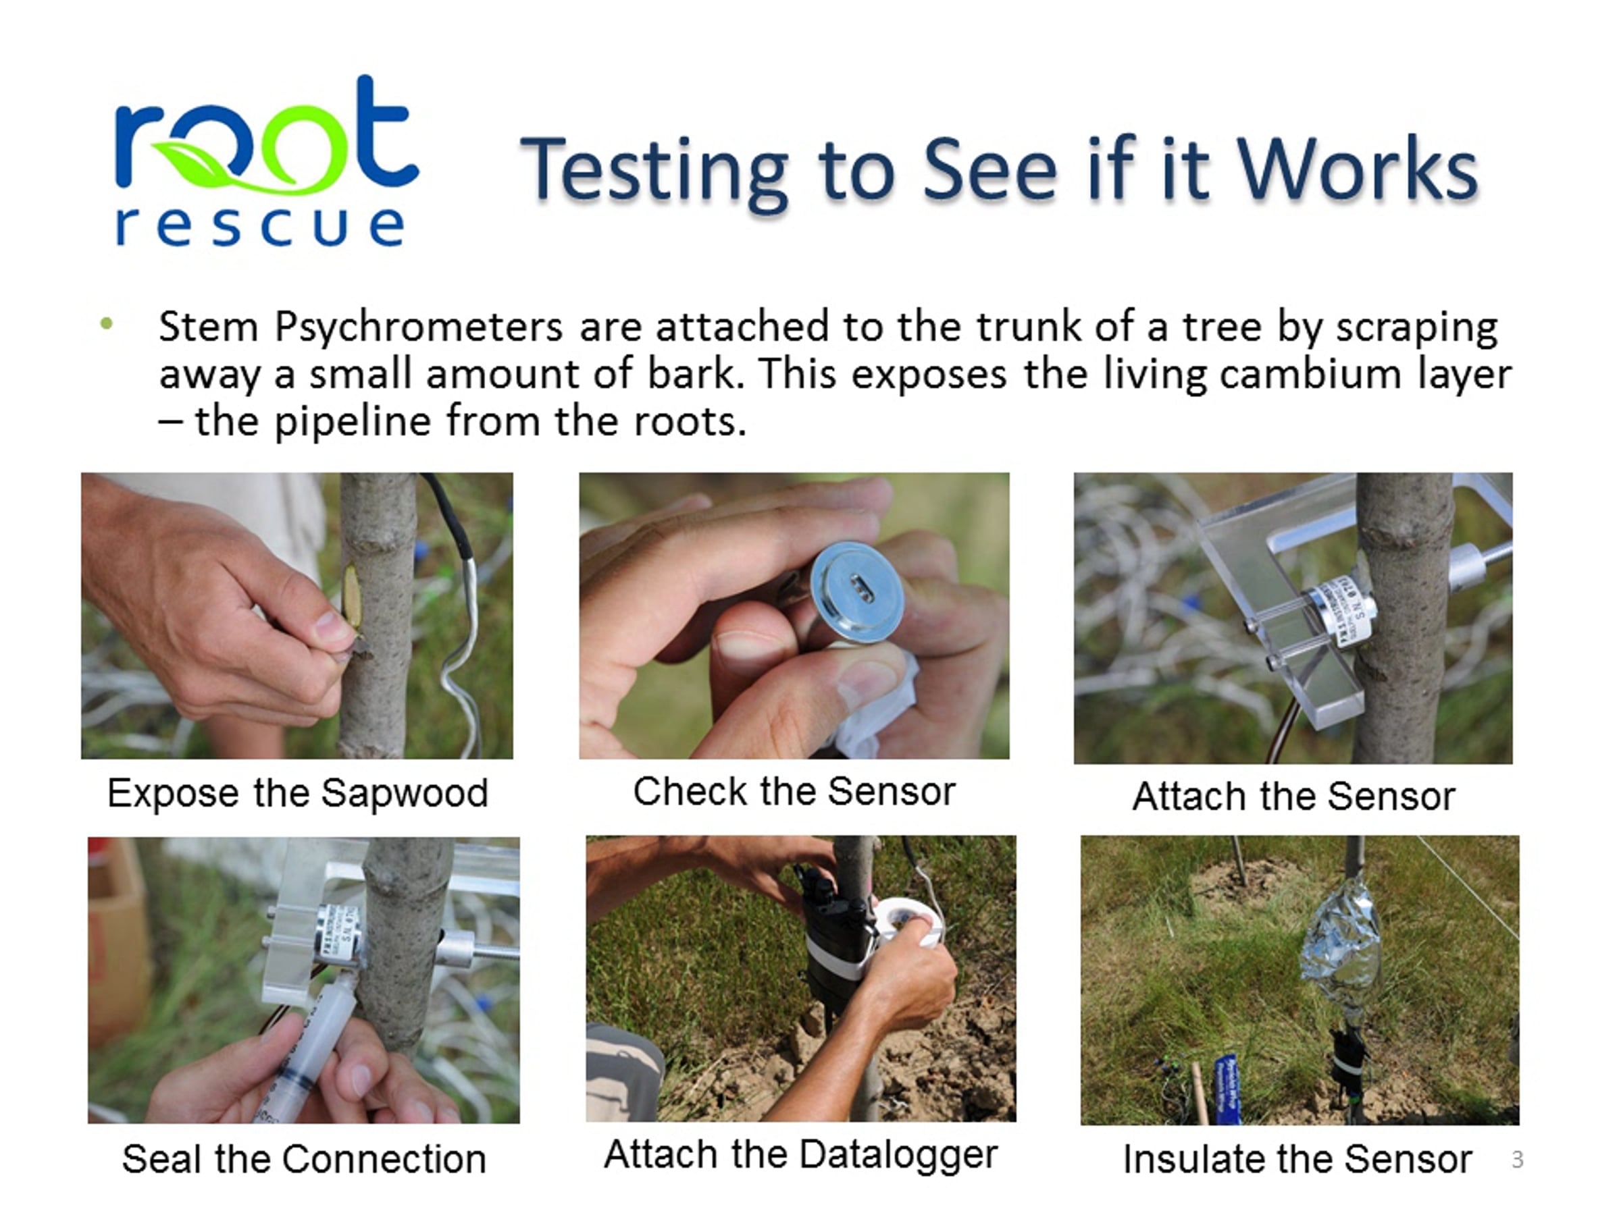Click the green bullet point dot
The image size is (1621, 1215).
click(x=107, y=323)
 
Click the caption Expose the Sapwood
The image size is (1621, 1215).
click(x=298, y=792)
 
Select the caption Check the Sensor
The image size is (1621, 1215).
click(x=794, y=791)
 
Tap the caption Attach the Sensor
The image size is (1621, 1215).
click(x=1293, y=795)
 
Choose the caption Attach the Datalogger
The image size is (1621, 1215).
click(x=801, y=1155)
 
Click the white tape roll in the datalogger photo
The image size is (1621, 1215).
click(x=908, y=924)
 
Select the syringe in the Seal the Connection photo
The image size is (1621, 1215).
click(x=304, y=1048)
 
